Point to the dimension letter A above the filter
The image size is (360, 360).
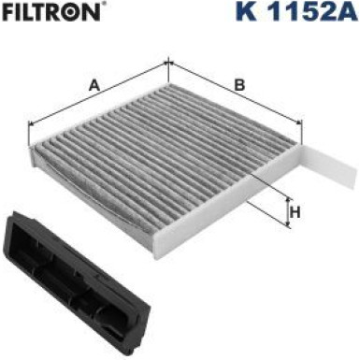tap(94, 85)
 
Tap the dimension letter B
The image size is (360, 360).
tap(239, 85)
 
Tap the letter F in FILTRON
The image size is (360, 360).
tap(7, 16)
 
